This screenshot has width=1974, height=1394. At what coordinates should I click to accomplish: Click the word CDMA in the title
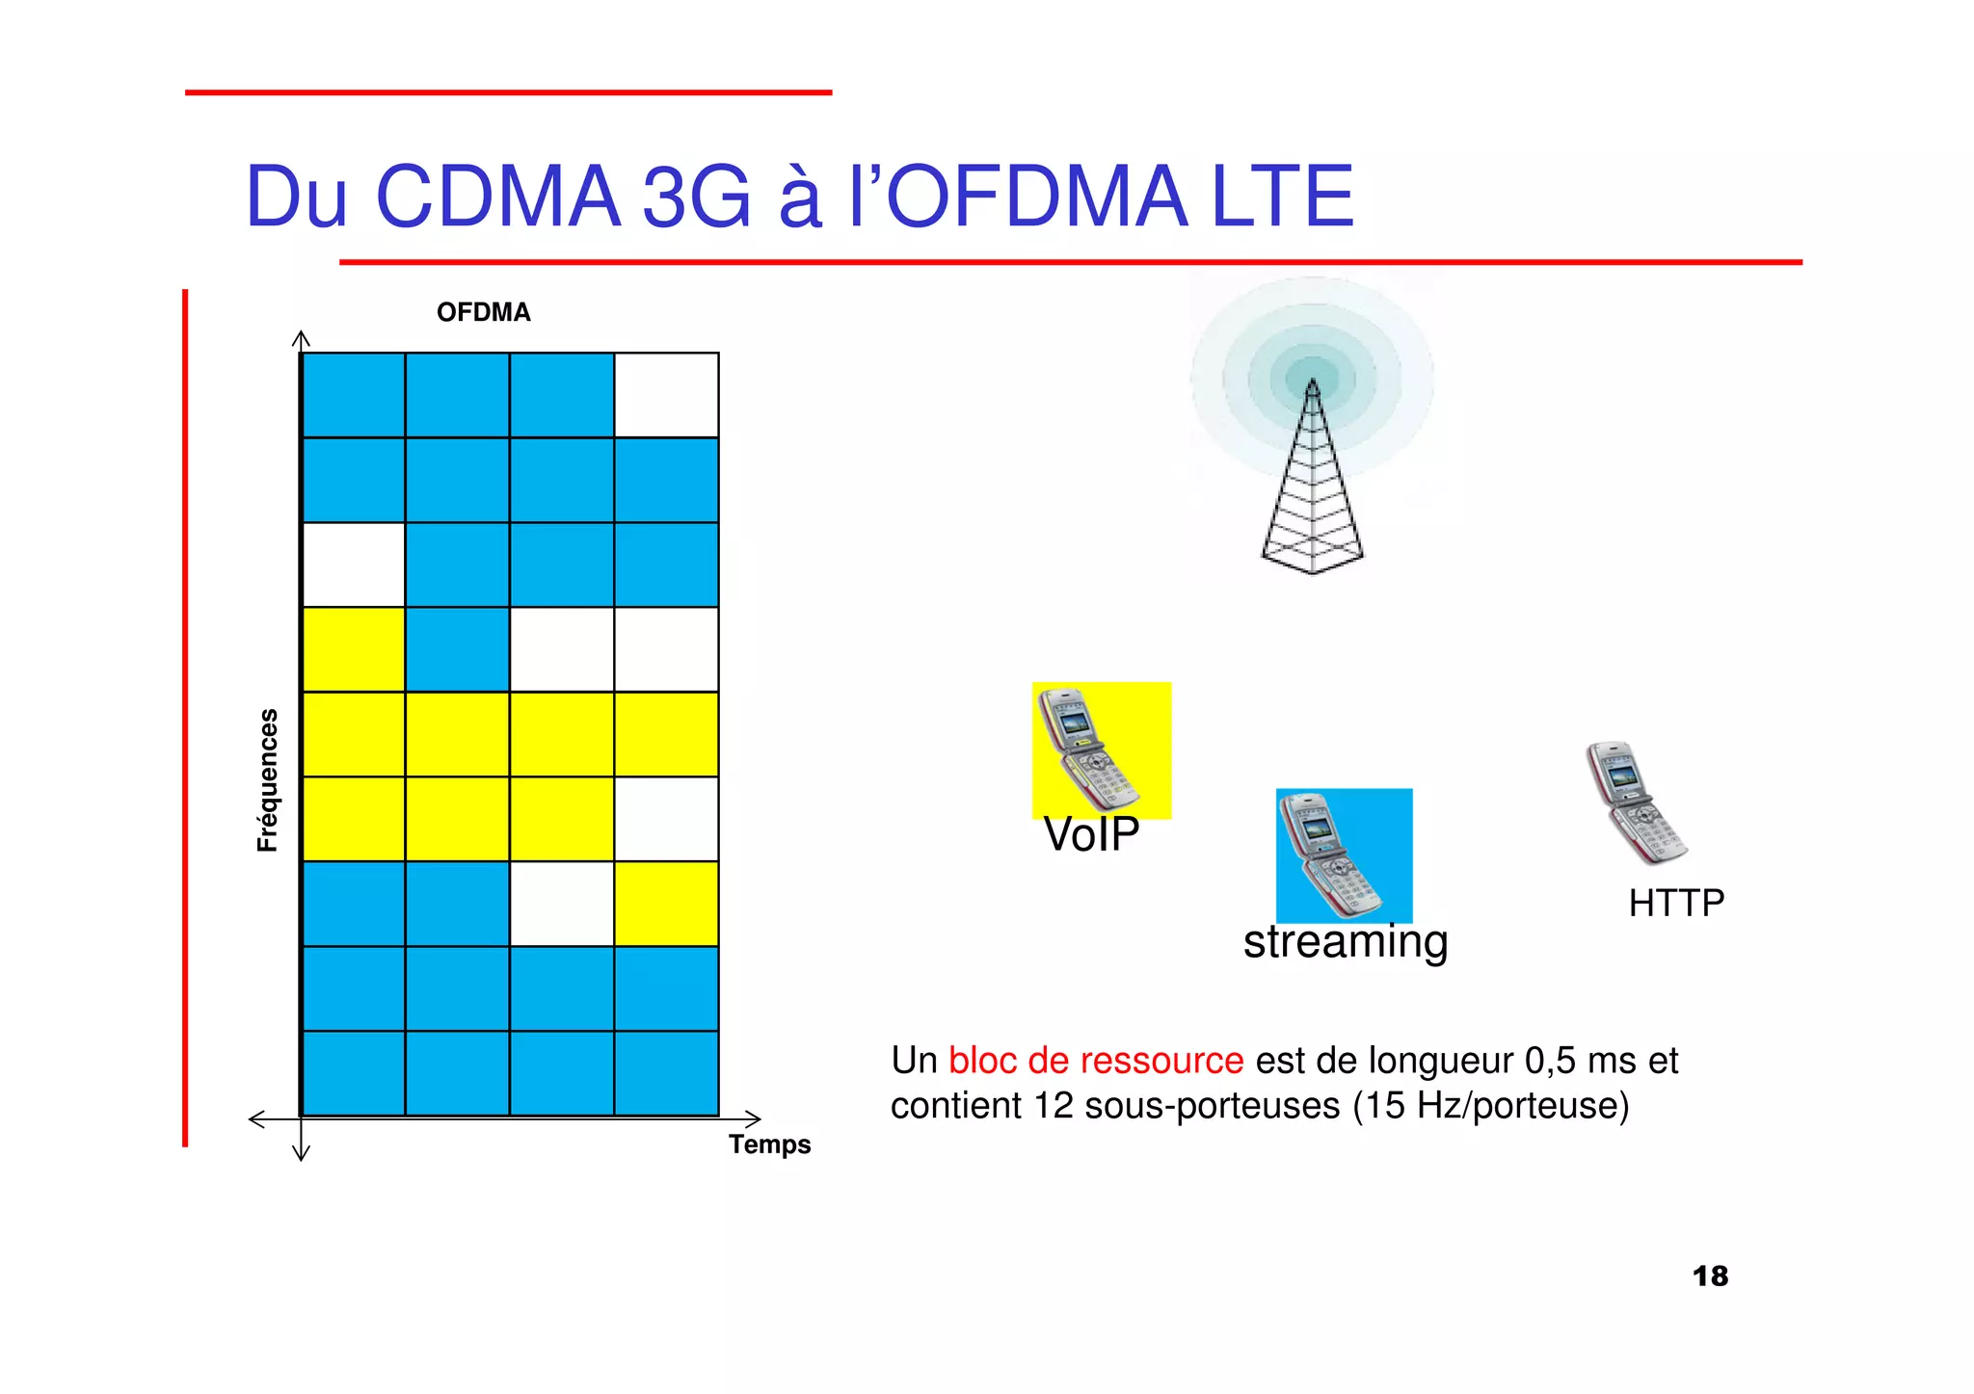tap(497, 197)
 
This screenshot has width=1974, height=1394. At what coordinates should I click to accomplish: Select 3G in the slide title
tap(696, 197)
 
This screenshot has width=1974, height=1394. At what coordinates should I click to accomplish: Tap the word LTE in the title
tap(1282, 197)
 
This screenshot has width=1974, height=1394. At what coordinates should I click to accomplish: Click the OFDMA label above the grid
tap(483, 312)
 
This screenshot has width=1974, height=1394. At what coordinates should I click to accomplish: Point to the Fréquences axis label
tap(267, 780)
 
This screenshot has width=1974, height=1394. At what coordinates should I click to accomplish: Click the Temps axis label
tap(769, 1144)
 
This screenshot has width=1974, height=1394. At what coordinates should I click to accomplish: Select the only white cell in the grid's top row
tap(666, 395)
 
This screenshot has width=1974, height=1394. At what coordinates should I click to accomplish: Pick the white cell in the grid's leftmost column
tap(353, 565)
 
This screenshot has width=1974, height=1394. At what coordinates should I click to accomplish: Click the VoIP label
tap(1091, 834)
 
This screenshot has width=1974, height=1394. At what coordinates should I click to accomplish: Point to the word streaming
tap(1346, 942)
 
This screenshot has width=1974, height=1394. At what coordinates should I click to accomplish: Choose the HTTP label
tap(1676, 904)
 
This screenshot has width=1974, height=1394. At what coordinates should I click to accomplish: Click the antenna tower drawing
tap(1312, 482)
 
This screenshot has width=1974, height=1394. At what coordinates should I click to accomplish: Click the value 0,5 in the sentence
tap(1551, 1061)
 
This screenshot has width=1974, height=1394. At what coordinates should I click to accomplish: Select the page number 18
tap(1710, 1276)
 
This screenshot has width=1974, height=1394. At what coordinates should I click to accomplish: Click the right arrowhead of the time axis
tap(754, 1118)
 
